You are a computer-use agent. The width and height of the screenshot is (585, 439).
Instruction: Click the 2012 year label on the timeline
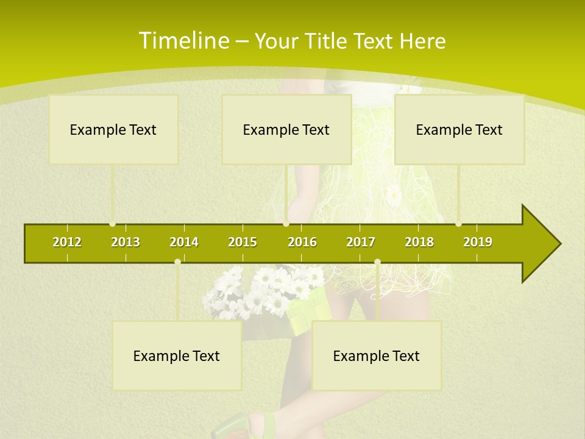click(67, 242)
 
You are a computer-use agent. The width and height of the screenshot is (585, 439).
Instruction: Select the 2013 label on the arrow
click(126, 242)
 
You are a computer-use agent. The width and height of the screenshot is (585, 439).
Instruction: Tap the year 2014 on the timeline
click(184, 242)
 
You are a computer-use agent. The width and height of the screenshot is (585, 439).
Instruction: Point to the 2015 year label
click(243, 242)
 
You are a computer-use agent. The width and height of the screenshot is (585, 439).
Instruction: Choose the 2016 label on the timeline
click(302, 242)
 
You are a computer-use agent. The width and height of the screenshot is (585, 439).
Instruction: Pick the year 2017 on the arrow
click(361, 242)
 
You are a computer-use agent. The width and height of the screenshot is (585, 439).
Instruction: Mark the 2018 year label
click(419, 242)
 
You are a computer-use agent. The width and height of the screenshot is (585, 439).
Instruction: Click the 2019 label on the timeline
click(478, 242)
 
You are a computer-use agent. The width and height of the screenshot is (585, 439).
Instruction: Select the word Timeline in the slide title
click(183, 41)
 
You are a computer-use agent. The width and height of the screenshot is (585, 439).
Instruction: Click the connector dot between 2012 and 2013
click(113, 224)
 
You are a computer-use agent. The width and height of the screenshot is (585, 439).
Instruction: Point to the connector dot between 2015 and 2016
click(286, 224)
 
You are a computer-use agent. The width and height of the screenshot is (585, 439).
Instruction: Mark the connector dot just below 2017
click(377, 262)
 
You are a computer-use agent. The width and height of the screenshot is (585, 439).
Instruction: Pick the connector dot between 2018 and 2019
click(458, 224)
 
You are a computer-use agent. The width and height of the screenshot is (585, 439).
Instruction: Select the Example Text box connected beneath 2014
click(177, 355)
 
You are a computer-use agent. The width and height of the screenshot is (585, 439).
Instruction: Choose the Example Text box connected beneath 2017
click(377, 355)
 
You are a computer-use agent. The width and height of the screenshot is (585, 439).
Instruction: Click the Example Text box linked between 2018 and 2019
click(459, 129)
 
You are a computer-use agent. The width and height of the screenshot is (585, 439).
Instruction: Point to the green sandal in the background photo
click(244, 427)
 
